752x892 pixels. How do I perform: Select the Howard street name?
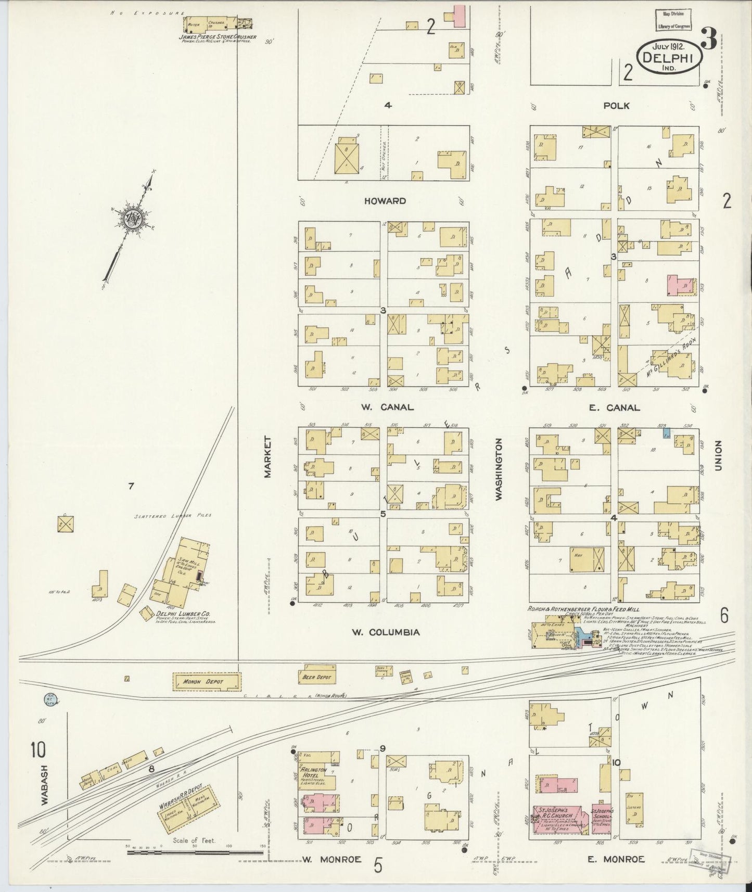(385, 201)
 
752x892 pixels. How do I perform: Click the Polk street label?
(616, 106)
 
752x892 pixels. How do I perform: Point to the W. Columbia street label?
(385, 632)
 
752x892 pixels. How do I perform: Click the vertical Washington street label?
(499, 469)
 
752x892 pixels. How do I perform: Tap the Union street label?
(718, 456)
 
